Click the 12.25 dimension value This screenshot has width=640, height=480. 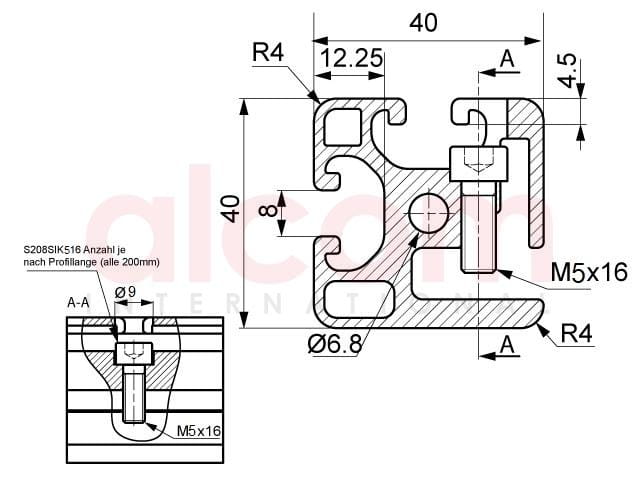(x=351, y=58)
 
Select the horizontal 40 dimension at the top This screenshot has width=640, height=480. (x=423, y=23)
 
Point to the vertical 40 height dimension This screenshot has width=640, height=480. (x=232, y=209)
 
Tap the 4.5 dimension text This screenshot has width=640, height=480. (x=567, y=70)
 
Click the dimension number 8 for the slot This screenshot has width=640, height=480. (x=268, y=210)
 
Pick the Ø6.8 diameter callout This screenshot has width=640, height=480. (x=335, y=345)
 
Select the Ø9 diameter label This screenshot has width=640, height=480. (x=126, y=292)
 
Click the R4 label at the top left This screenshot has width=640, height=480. (x=268, y=52)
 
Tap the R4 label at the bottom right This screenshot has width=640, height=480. (x=576, y=333)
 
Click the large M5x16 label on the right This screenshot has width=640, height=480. (x=589, y=272)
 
